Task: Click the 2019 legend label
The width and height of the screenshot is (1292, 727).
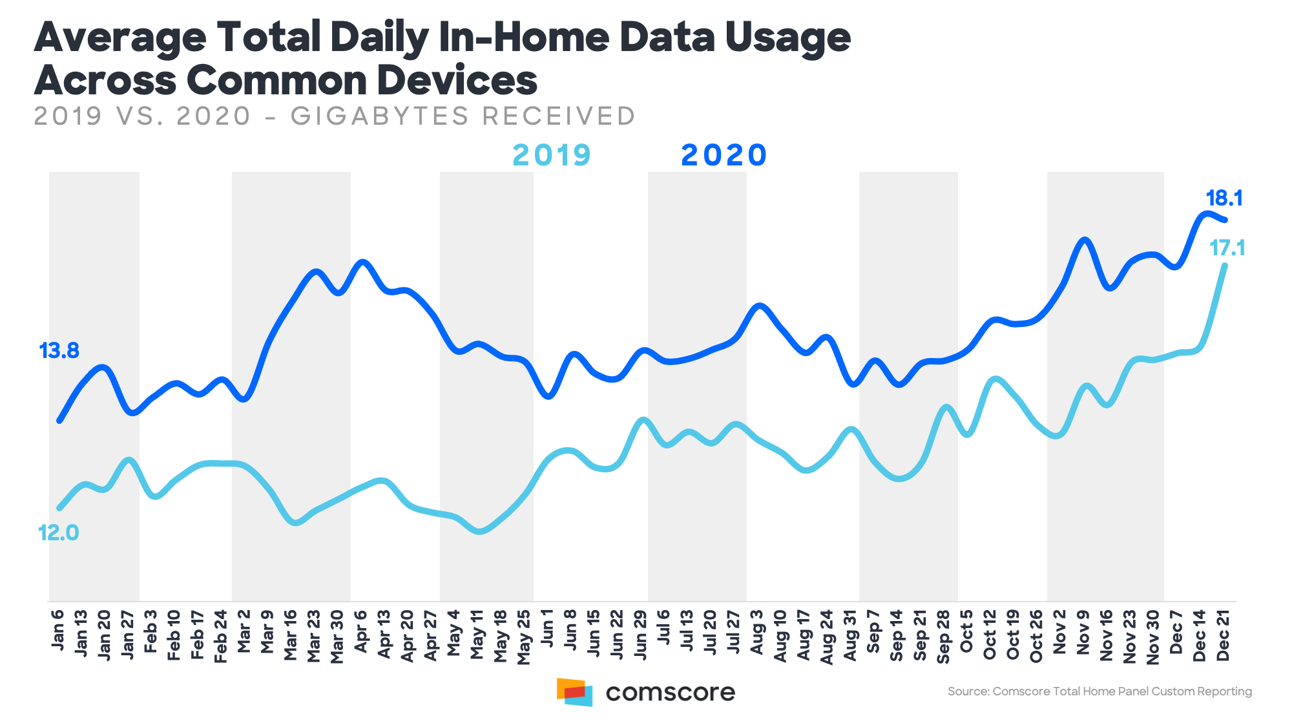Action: pos(552,155)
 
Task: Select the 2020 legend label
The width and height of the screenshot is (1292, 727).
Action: pos(724,155)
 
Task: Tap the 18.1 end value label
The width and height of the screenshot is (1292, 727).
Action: pos(1224,198)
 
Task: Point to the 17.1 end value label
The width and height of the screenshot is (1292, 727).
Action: pos(1227,248)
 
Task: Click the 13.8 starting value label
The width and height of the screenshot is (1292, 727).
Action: pos(59,350)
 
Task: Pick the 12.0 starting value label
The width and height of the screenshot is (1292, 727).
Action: pos(58,532)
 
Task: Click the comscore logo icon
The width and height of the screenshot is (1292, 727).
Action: pos(574,692)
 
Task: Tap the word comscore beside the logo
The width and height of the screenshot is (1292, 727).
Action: pos(670,693)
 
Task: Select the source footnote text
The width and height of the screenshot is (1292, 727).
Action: pos(1099,691)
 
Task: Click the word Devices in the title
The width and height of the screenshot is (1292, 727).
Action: pos(457,80)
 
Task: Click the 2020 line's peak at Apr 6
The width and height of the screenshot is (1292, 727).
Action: pos(362,262)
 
